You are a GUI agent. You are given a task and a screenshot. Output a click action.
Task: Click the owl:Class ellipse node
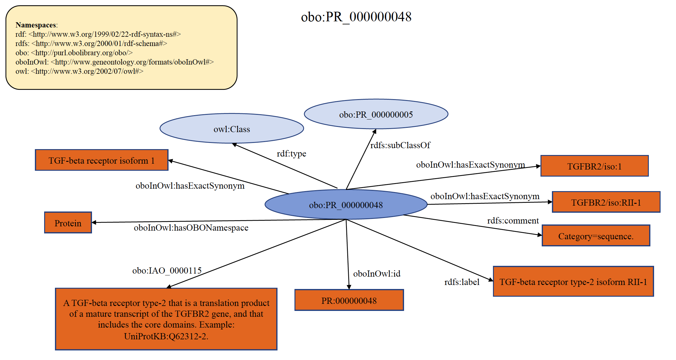click(232, 129)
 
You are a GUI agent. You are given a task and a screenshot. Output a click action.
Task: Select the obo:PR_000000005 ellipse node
click(376, 115)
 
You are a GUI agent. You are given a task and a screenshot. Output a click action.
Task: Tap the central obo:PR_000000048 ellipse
click(346, 205)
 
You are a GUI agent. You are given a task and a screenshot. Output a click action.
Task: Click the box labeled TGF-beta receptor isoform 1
click(102, 161)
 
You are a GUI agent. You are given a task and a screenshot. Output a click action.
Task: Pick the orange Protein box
click(68, 223)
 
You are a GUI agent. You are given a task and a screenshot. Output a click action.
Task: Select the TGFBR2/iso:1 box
click(594, 166)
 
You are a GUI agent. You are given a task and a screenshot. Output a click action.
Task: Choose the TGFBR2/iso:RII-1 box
click(606, 203)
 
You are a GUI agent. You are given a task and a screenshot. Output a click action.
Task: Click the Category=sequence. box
click(596, 236)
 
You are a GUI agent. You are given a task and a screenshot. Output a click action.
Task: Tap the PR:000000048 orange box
click(349, 300)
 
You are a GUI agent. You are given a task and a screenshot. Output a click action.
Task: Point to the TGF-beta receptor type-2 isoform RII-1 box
click(573, 282)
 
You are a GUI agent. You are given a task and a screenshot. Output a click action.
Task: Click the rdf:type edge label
click(291, 153)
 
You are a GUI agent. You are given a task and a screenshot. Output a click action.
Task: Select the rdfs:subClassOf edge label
click(400, 145)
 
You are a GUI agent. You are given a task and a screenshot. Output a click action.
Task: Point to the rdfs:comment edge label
click(513, 220)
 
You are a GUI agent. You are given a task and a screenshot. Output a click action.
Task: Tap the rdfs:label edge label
click(462, 282)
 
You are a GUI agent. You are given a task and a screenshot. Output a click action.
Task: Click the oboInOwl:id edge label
click(377, 274)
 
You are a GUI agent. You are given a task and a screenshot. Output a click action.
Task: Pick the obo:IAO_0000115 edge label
click(167, 270)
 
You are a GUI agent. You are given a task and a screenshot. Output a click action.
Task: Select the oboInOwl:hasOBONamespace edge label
click(191, 228)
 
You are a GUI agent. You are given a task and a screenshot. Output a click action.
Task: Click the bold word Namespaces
click(36, 25)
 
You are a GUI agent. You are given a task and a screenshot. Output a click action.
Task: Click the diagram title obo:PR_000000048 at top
click(356, 17)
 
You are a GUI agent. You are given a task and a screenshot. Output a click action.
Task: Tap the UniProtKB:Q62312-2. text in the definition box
click(166, 336)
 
